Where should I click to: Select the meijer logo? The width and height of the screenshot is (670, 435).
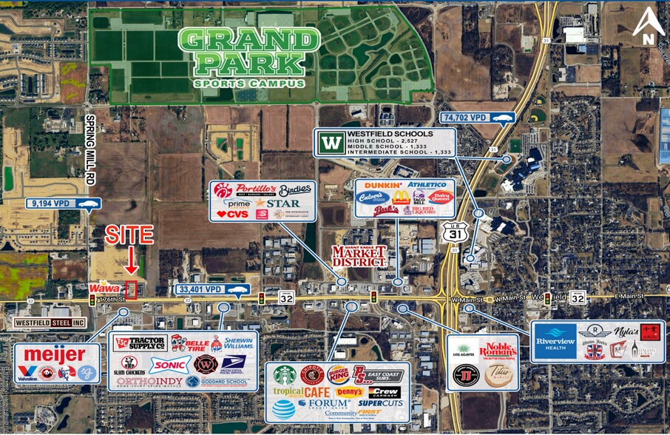click(x=54, y=355)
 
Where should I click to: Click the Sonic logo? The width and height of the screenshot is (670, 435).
click(x=169, y=364)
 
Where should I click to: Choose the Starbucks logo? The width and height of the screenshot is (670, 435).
click(x=284, y=374)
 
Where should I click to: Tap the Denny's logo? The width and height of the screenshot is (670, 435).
click(x=349, y=391)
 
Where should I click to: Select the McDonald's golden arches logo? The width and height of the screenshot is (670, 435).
click(x=401, y=197)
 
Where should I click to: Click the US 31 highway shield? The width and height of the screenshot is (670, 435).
click(x=454, y=232)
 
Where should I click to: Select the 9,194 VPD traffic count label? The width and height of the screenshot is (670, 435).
click(x=63, y=203)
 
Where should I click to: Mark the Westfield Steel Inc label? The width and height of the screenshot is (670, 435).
click(x=50, y=323)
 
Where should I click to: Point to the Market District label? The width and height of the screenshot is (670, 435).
click(x=359, y=256)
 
